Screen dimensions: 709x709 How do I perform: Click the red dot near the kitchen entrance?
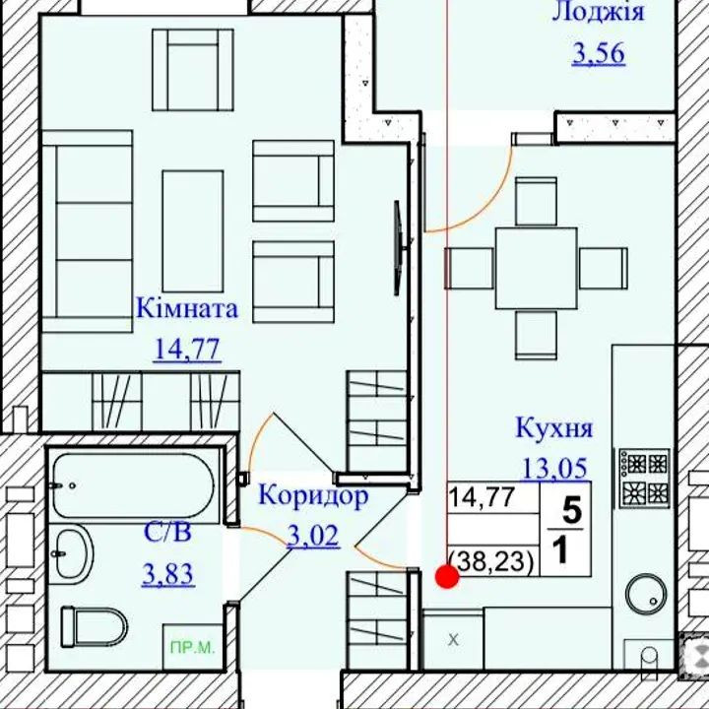coord(447,577)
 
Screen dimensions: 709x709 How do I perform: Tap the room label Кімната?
coord(187,308)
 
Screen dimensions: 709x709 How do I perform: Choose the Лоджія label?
coord(598,12)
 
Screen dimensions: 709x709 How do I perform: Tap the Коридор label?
coord(313,495)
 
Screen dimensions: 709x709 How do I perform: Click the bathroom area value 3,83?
coord(167,573)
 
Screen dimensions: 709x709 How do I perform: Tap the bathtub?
coord(132,486)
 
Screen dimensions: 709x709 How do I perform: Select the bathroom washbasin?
coord(72,551)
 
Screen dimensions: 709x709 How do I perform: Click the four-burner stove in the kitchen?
coord(643,478)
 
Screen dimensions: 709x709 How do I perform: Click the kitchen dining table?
coord(536,267)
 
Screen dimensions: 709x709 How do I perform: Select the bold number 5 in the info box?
coord(570,509)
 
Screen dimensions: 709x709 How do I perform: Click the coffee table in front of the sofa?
coord(192,217)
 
